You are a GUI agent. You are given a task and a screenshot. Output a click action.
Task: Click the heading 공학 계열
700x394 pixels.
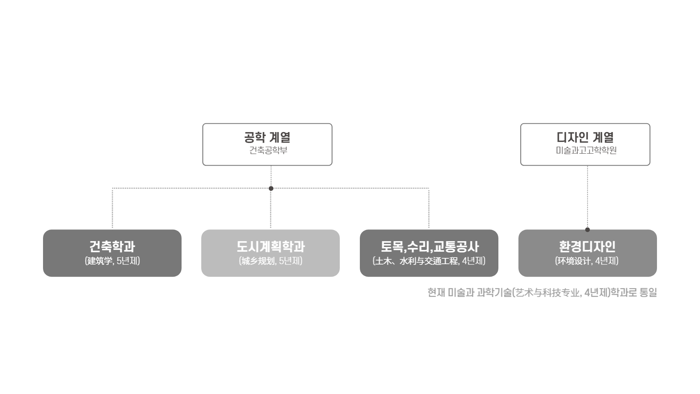pos(267,138)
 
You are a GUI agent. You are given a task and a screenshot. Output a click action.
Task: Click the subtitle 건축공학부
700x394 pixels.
pos(268,150)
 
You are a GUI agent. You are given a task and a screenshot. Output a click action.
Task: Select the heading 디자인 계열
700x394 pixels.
pos(585,138)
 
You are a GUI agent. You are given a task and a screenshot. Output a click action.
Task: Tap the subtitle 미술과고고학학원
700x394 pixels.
pos(586,150)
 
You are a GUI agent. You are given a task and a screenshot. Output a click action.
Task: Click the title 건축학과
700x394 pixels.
pos(112,247)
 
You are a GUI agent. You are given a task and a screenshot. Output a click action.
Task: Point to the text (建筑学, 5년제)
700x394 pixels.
pos(112,261)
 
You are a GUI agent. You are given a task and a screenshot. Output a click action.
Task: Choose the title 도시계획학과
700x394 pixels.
pos(271,247)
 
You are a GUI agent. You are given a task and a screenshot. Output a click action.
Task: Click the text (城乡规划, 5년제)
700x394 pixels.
pos(271,261)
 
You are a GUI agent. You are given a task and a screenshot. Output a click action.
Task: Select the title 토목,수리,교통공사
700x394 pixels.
pos(429,247)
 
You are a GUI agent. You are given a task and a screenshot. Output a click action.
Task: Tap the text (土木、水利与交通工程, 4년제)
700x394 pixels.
pos(429,261)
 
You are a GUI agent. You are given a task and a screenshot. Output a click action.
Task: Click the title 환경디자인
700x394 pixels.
pos(587,247)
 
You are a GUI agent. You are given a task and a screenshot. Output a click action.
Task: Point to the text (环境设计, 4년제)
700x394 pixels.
pos(587,261)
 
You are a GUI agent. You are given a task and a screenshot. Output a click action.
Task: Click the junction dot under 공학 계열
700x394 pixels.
pos(271,189)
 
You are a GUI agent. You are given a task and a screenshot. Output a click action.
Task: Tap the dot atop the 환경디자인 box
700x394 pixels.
pos(587,229)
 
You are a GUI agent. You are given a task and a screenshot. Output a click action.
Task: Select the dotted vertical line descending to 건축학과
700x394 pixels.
pos(112,208)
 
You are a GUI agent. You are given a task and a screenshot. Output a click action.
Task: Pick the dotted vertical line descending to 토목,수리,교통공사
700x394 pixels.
pos(429,208)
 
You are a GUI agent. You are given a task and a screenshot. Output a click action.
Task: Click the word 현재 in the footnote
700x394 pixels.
pos(436,293)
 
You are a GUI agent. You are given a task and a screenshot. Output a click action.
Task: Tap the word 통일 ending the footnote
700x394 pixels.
pos(648,293)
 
